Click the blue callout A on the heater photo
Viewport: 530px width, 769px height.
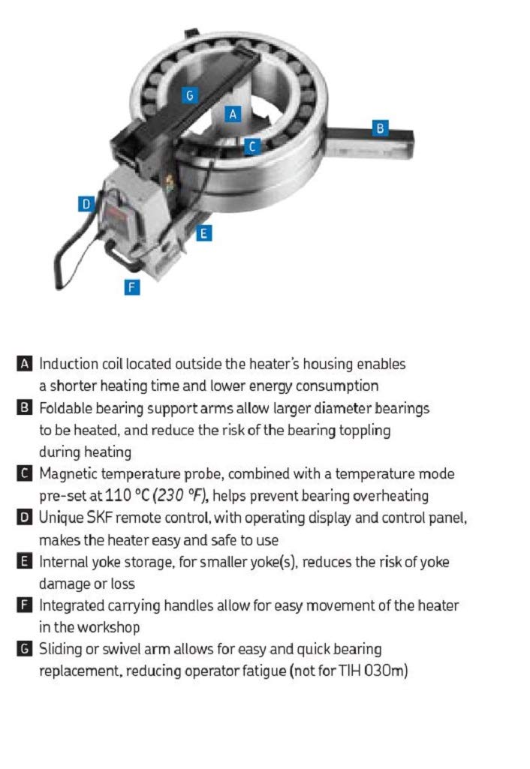tap(233, 114)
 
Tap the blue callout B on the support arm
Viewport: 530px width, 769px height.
tap(381, 128)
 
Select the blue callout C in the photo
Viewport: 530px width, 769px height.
tap(252, 147)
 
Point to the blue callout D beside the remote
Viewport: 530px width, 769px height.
tap(86, 203)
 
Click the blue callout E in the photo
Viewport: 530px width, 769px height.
tap(203, 233)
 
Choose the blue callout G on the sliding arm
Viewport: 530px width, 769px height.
tap(191, 95)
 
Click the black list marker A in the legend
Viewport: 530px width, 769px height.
tap(25, 364)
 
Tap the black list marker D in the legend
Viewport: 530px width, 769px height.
tap(25, 518)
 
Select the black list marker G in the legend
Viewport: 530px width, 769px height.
tap(25, 648)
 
